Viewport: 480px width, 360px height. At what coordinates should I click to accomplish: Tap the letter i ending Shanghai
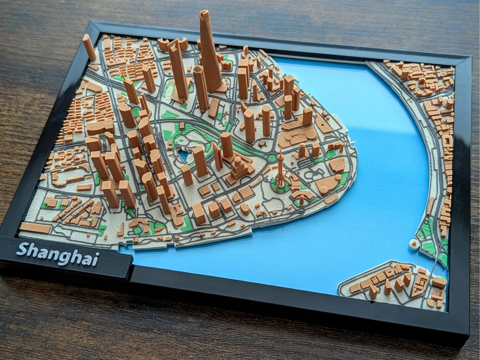[x=96, y=260]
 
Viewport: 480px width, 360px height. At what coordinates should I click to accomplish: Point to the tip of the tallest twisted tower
[x=205, y=13]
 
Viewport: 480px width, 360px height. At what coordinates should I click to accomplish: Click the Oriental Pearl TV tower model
[x=281, y=172]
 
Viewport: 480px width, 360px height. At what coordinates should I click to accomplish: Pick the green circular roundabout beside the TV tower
[x=272, y=158]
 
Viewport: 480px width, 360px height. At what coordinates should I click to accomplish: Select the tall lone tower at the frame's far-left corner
[x=89, y=47]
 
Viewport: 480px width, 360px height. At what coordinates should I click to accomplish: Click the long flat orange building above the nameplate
[x=35, y=228]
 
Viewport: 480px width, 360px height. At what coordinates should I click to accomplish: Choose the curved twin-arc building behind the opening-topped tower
[x=173, y=44]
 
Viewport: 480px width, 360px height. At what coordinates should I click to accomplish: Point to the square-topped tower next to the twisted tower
[x=201, y=86]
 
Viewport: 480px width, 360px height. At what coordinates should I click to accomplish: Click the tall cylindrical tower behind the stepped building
[x=227, y=145]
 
